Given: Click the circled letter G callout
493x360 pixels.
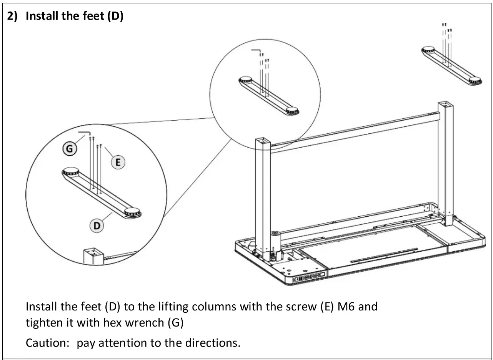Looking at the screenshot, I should point(70,149).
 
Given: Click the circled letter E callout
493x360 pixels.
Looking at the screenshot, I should point(118,163).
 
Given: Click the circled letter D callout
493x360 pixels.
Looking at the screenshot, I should point(97,226).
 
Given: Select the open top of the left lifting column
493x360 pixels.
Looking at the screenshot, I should point(263,142).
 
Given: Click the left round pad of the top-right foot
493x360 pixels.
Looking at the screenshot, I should point(428,50).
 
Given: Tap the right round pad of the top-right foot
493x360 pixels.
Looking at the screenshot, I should point(476,80).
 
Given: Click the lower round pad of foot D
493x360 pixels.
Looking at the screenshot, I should point(132,212).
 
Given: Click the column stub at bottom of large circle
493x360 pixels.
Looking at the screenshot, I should point(93,255).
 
